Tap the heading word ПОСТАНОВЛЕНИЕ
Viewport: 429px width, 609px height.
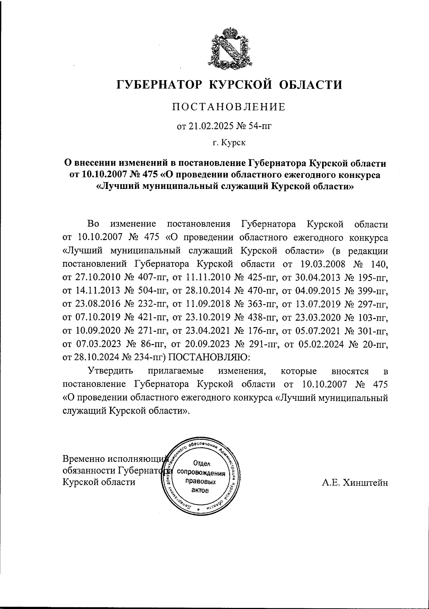coord(229,107)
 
